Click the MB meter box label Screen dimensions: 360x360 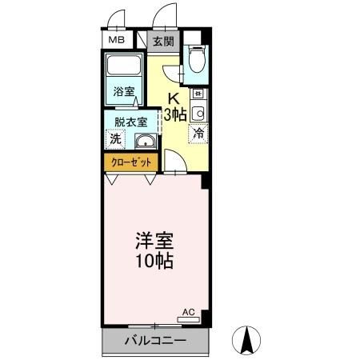tap(117, 40)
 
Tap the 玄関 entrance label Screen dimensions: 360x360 tap(162, 41)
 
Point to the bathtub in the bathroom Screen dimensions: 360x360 tap(124, 67)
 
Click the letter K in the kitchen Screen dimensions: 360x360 tap(173, 99)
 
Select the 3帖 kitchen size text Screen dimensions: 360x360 tap(175, 114)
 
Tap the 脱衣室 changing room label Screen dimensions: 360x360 tap(130, 122)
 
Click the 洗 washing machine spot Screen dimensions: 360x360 tap(116, 138)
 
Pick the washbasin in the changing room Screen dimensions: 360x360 tap(146, 142)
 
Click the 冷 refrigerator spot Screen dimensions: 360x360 tap(198, 134)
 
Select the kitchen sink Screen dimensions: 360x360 tap(198, 111)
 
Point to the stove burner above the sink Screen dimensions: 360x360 tap(198, 93)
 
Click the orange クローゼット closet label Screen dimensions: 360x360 tap(131, 161)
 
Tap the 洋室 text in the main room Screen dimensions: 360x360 tap(154, 241)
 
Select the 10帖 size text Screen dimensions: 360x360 tap(154, 261)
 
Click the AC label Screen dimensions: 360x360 tap(190, 311)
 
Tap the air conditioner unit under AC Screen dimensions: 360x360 tap(190, 319)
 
